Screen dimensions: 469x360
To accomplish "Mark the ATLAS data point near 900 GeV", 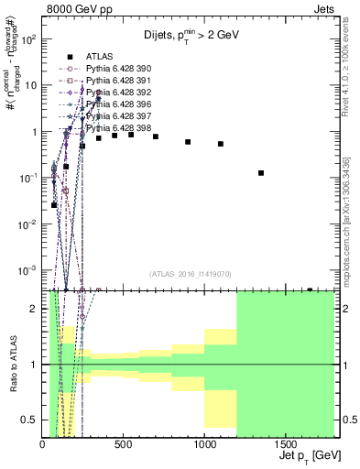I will click(x=188, y=142).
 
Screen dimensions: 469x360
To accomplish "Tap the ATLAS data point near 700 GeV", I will click(x=156, y=136).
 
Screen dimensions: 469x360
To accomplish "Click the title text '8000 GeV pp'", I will click(x=79, y=11).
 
